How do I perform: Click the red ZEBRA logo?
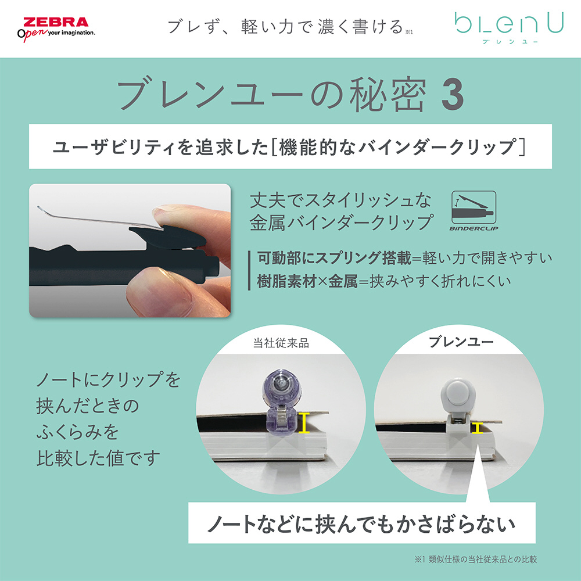[x=56, y=22]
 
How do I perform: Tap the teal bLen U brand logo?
[x=509, y=23]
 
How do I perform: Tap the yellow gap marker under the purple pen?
[x=304, y=422]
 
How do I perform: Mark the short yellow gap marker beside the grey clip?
[x=477, y=428]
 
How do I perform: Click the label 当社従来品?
[x=281, y=343]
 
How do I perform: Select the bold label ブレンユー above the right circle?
[x=461, y=342]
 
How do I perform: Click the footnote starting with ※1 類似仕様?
[x=476, y=559]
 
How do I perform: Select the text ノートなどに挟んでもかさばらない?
[x=361, y=524]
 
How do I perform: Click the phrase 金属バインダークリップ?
[x=341, y=223]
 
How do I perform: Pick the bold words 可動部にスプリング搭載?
[x=334, y=258]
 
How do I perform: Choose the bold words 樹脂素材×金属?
[x=307, y=282]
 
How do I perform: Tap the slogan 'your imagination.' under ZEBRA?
[x=71, y=33]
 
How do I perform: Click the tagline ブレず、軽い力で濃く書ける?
[x=285, y=27]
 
